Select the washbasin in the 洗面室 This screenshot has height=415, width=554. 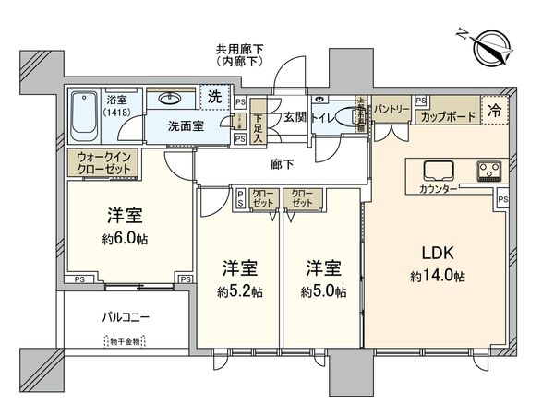[x=172, y=98]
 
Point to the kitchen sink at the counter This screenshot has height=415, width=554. [x=437, y=170]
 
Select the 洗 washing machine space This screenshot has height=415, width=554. [x=213, y=97]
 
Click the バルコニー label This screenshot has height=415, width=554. [x=126, y=317]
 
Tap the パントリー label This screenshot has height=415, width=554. [x=391, y=109]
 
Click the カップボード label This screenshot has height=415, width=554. [x=448, y=117]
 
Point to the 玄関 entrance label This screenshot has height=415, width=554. [x=295, y=117]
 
